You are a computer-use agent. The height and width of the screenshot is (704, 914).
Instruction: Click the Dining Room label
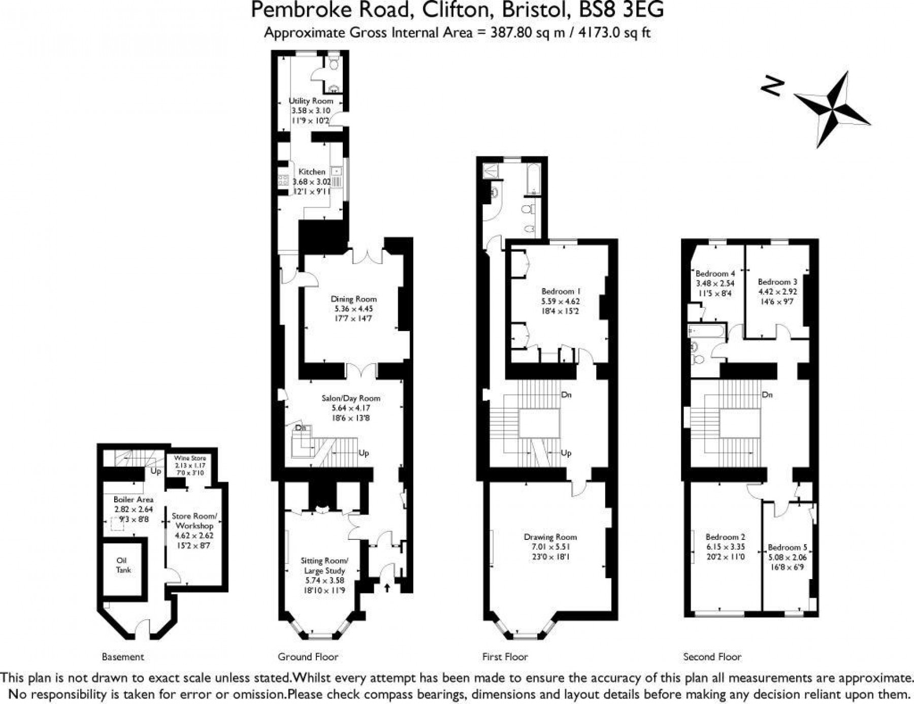[x=353, y=299]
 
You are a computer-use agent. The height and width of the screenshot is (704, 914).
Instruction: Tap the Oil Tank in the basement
[x=122, y=565]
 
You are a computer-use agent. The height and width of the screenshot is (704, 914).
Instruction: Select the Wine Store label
[x=190, y=458]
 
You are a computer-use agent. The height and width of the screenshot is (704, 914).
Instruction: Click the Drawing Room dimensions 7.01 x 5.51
[x=550, y=547]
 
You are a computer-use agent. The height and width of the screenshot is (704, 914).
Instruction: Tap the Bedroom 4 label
[x=715, y=273]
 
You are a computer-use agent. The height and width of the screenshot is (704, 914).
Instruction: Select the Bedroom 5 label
[x=787, y=547]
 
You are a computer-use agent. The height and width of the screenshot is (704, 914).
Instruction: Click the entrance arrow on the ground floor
[x=387, y=588]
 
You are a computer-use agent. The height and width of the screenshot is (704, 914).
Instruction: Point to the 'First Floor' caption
[x=505, y=657]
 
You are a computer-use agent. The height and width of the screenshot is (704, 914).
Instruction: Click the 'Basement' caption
[x=123, y=657]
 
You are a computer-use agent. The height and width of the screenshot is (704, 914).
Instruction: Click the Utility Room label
[x=311, y=101]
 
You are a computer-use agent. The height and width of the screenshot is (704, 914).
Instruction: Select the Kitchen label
[x=312, y=172]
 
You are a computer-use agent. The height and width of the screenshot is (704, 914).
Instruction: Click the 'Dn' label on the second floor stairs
[x=767, y=395]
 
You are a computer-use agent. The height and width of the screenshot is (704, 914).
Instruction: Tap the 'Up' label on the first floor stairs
[x=566, y=453]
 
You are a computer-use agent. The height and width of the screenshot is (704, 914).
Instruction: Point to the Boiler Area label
[x=133, y=499]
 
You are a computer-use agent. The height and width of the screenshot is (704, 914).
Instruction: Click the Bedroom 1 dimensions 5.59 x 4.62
[x=561, y=301]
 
